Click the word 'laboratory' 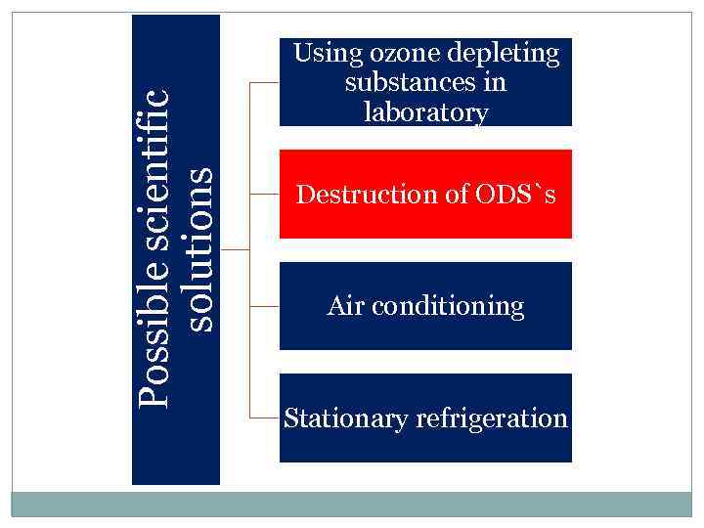[x=425, y=111]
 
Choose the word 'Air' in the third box [x=344, y=307]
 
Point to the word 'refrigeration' [x=492, y=419]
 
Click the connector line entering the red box [x=265, y=195]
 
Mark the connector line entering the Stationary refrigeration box [x=265, y=418]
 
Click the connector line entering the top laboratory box [x=265, y=83]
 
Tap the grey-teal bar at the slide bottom [x=352, y=505]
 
